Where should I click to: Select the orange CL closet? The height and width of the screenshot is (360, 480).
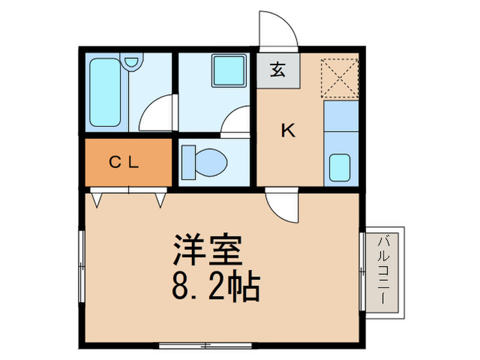click(127, 163)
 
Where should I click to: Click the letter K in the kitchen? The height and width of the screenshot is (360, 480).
click(289, 131)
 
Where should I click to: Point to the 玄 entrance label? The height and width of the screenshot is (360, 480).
click(277, 69)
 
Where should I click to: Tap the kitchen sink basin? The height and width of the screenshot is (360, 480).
click(340, 167)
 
